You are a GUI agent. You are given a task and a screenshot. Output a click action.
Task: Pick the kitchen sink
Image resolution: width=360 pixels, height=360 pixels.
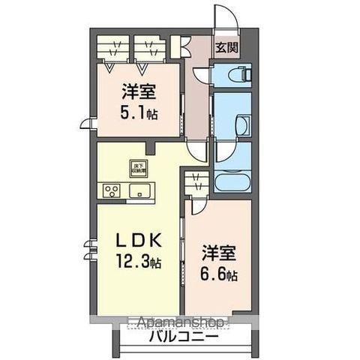click(140, 190)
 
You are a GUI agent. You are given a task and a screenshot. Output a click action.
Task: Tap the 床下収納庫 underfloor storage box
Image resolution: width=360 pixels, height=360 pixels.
click(139, 168)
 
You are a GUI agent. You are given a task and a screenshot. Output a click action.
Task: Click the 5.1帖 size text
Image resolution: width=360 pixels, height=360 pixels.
click(140, 115)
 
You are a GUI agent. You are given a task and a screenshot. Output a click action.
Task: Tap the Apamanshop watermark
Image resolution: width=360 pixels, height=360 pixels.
click(180, 322)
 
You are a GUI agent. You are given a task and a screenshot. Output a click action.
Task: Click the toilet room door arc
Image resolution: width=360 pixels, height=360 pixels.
click(201, 76)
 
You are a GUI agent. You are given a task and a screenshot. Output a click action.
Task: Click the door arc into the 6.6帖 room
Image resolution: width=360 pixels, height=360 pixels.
click(199, 207)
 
